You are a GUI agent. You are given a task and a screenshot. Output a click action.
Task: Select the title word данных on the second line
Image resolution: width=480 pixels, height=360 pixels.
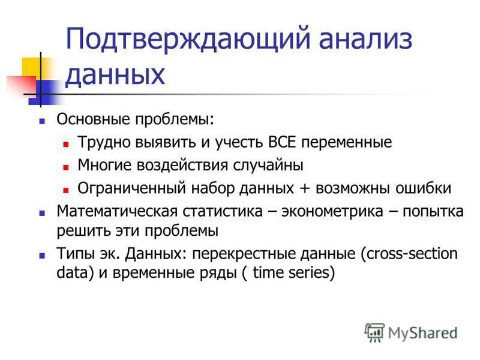coord(114,75)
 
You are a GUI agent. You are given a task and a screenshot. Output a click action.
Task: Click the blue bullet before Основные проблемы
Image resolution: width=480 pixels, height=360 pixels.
coord(42,120)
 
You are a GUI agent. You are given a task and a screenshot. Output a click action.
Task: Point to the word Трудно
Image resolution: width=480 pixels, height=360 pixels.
coord(100,143)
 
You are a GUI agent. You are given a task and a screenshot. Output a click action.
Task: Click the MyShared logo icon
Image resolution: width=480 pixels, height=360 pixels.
coord(374,331)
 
